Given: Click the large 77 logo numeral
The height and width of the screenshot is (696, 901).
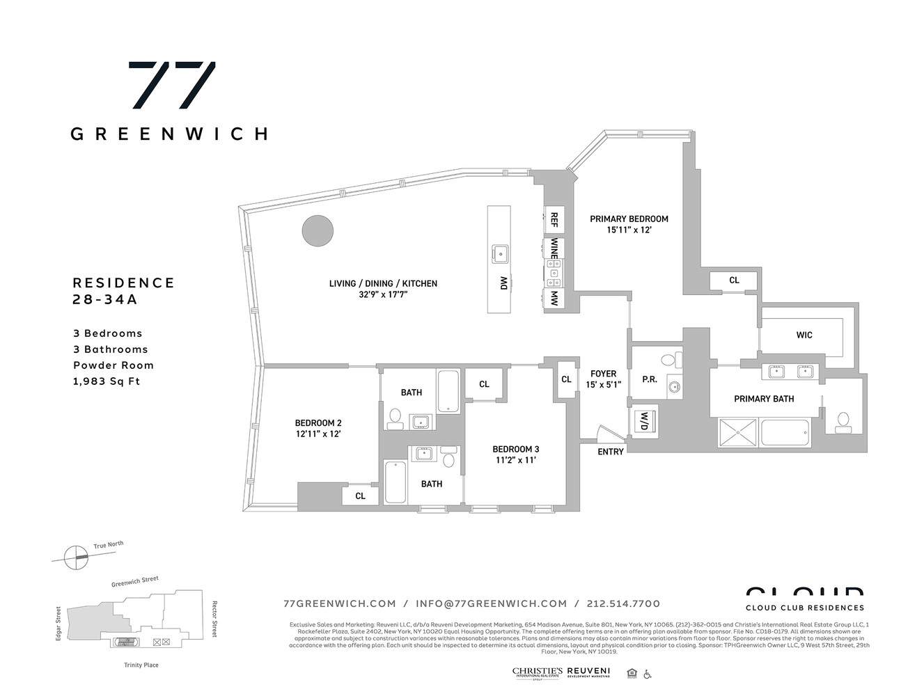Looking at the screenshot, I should [171, 85].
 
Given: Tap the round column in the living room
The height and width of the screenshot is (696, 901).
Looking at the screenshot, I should [317, 230].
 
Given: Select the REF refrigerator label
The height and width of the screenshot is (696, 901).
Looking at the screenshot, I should [554, 220].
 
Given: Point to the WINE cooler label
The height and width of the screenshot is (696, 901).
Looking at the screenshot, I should [554, 248].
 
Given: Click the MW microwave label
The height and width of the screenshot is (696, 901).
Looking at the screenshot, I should [554, 299].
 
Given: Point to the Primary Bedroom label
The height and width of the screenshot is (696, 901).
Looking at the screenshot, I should [629, 219].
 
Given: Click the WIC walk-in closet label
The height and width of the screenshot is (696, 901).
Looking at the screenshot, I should [804, 335].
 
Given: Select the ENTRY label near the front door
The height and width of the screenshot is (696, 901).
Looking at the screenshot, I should [611, 452].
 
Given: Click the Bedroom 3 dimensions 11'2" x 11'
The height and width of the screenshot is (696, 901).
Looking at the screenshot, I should [515, 460].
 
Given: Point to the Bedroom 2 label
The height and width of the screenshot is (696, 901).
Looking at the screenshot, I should [318, 422].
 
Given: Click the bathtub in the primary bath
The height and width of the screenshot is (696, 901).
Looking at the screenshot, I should [785, 433].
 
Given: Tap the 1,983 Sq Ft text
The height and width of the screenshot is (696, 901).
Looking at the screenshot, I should [107, 381].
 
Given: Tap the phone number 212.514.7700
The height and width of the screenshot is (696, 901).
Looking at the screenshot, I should [624, 603].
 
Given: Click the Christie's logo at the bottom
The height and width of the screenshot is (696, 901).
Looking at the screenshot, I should [537, 672].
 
